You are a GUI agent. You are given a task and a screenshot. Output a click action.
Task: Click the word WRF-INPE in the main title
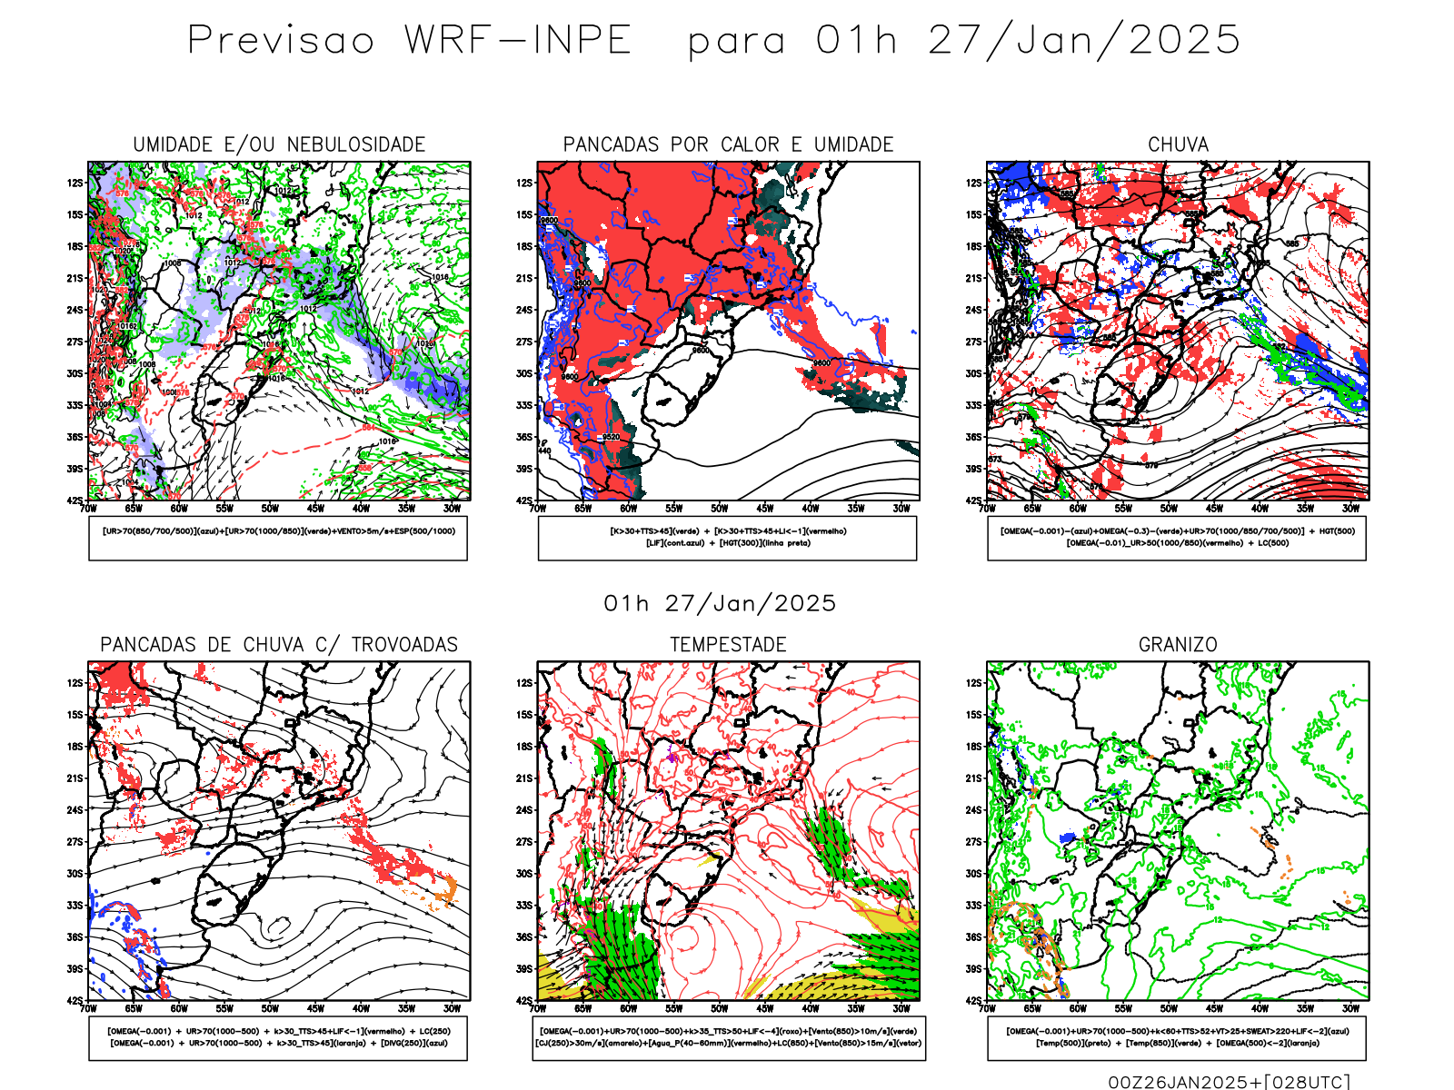click(x=518, y=41)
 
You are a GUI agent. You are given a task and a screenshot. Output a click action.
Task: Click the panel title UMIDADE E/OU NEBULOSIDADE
click(x=279, y=144)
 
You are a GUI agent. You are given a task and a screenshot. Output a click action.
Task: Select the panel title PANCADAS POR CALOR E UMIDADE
click(x=728, y=144)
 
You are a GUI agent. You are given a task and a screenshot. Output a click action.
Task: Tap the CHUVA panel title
click(x=1178, y=144)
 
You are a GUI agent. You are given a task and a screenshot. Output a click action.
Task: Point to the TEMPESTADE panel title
click(x=728, y=645)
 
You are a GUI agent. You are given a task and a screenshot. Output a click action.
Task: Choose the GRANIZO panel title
click(x=1178, y=645)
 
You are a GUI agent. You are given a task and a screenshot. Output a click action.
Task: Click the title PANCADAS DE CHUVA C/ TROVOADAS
click(x=279, y=645)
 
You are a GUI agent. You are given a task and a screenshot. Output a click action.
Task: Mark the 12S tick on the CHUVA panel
click(x=974, y=183)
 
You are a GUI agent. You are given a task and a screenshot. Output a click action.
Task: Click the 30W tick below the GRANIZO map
click(x=1351, y=1008)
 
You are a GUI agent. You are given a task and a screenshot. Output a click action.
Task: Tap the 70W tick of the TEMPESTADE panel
click(x=538, y=1008)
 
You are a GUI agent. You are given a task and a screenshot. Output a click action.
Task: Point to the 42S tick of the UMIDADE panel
click(x=74, y=500)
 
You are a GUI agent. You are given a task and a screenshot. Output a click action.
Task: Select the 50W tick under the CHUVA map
click(x=1169, y=509)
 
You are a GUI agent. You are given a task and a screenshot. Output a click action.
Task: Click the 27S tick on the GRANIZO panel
click(x=974, y=842)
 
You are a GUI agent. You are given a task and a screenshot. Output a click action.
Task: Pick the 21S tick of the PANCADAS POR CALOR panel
click(x=524, y=278)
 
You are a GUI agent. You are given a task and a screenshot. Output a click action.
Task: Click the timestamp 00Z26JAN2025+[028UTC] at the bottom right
click(x=1229, y=1081)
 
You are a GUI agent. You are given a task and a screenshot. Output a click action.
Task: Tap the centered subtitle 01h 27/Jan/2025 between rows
click(x=720, y=604)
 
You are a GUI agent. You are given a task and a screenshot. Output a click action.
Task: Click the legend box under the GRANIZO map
click(x=1177, y=1037)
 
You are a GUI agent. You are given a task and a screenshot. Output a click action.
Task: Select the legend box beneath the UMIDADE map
click(x=278, y=538)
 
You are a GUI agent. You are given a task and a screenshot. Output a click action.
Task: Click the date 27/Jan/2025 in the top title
click(x=1083, y=41)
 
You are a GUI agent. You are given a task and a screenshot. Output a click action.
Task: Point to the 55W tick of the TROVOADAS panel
click(x=224, y=1008)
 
